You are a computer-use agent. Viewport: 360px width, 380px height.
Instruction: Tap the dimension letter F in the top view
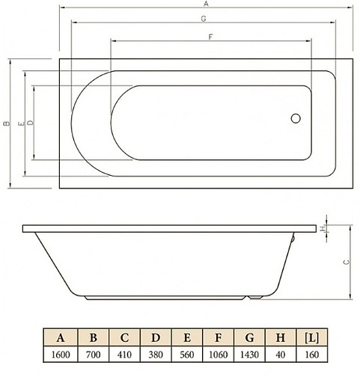212,37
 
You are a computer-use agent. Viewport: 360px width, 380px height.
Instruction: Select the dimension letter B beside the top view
5,125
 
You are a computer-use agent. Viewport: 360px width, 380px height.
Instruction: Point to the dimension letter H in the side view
323,228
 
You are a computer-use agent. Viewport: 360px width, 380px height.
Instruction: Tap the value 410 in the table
125,355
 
